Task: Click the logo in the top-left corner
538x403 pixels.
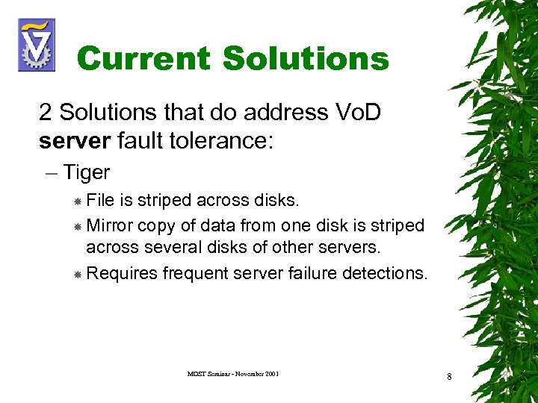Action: (36, 45)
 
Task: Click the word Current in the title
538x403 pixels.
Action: (146, 58)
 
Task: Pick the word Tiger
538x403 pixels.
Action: (87, 172)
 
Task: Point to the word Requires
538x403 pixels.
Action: (122, 274)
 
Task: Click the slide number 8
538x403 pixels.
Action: (449, 377)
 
